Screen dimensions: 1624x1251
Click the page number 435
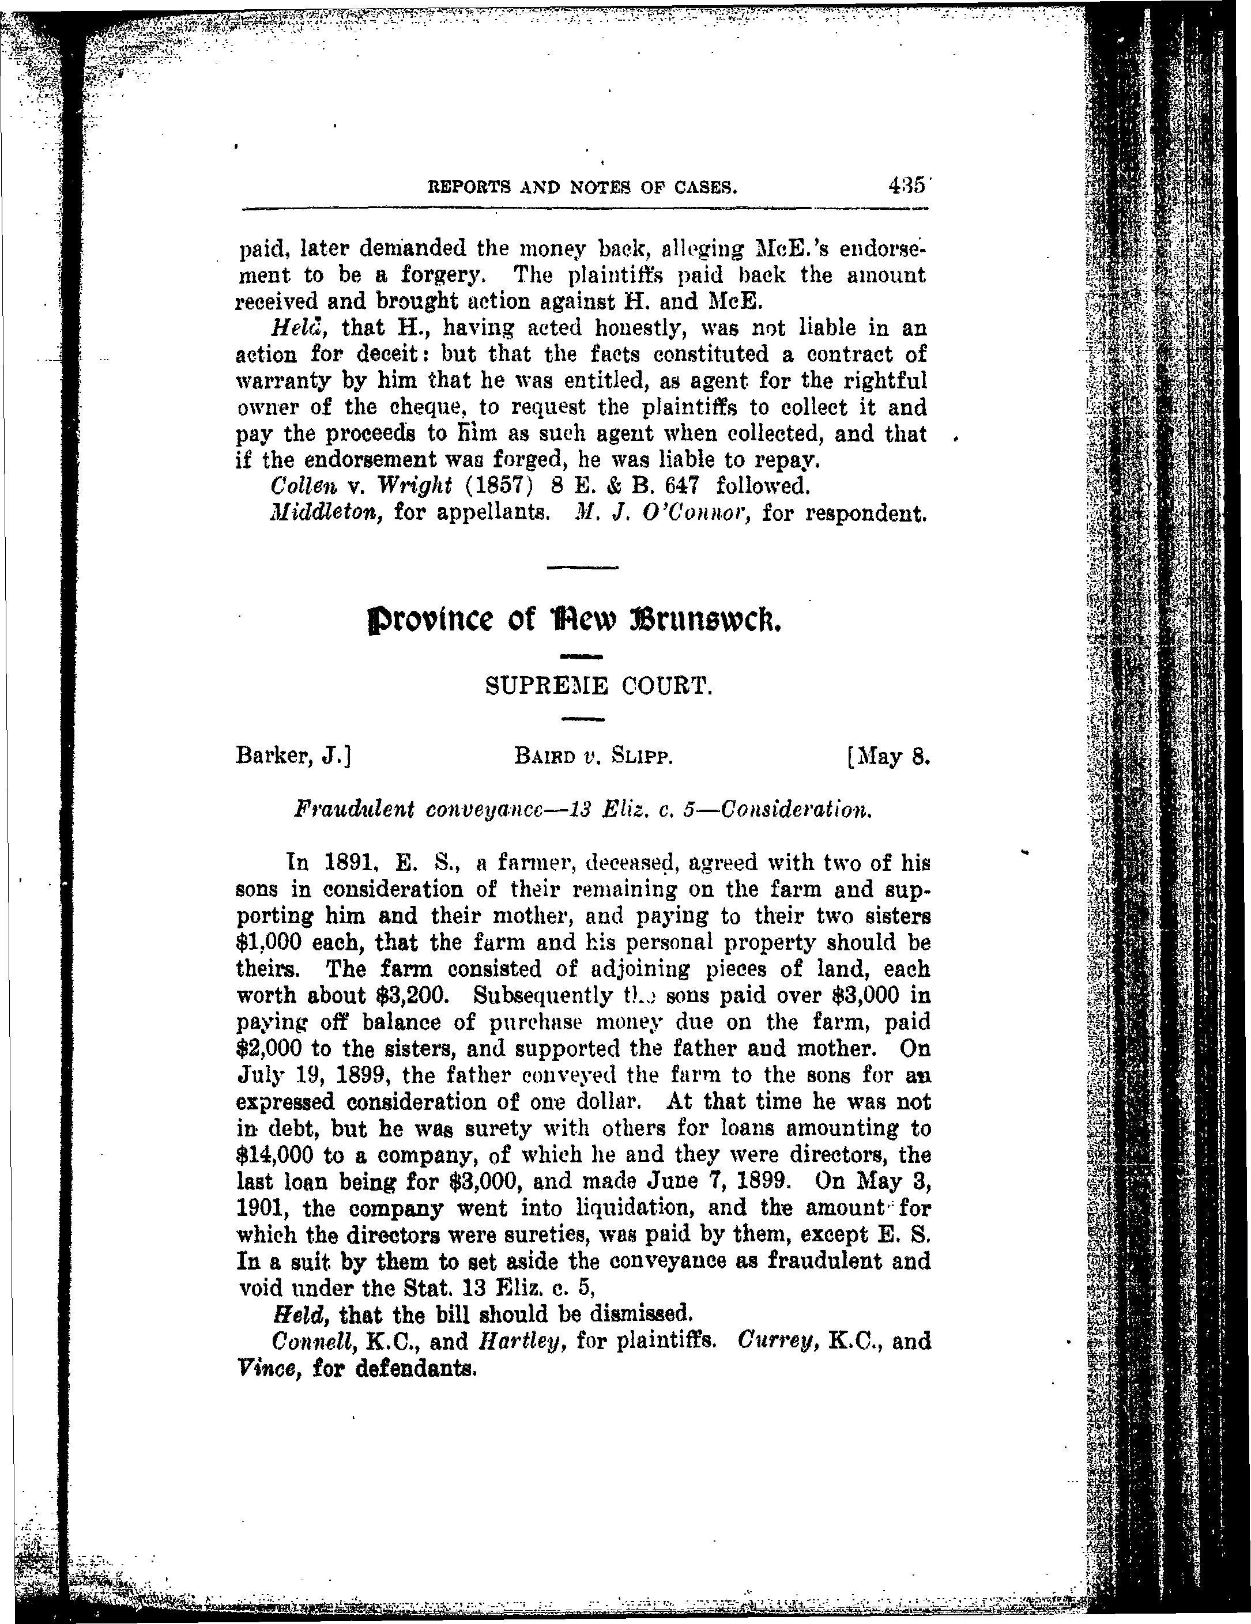pyautogui.click(x=905, y=185)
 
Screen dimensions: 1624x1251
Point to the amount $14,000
pyautogui.click(x=276, y=1155)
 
